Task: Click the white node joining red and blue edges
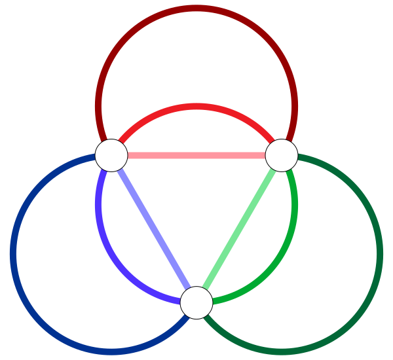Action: click(x=111, y=155)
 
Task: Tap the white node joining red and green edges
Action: click(x=282, y=155)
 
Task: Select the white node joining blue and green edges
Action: click(x=196, y=302)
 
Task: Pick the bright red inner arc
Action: click(x=196, y=107)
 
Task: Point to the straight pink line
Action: click(x=196, y=155)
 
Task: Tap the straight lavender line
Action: click(x=154, y=229)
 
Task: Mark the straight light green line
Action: click(x=239, y=229)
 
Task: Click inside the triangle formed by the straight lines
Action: click(x=196, y=203)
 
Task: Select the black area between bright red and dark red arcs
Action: click(x=196, y=59)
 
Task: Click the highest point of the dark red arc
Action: click(x=196, y=9)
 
